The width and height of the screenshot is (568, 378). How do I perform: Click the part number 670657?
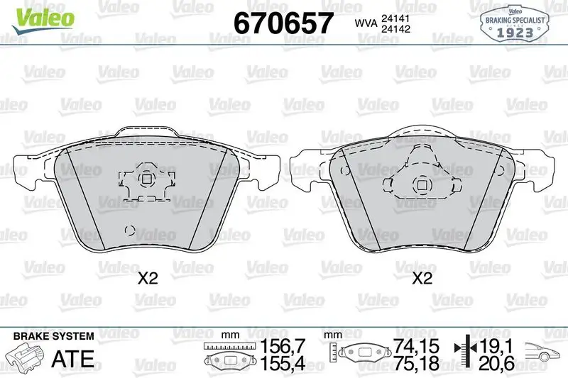click(283, 23)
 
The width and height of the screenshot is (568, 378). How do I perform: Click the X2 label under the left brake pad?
click(147, 279)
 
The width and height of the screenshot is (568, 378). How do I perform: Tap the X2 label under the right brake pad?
click(422, 279)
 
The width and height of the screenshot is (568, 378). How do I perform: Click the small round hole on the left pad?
click(129, 229)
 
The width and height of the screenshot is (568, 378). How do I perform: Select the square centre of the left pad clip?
click(146, 179)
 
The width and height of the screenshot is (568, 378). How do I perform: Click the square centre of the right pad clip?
click(422, 186)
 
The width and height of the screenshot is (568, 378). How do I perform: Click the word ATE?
click(73, 358)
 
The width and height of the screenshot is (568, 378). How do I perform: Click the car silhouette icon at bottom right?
click(542, 352)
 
